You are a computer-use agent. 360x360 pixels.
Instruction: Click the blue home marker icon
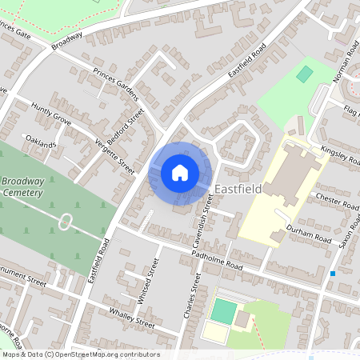tap(180, 173)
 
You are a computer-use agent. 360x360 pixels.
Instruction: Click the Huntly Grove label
tap(51, 115)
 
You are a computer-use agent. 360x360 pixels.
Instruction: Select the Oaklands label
tap(40, 145)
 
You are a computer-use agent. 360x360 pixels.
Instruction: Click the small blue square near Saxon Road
tap(333, 274)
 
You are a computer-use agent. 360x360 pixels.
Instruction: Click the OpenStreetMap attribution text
tap(80, 354)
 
